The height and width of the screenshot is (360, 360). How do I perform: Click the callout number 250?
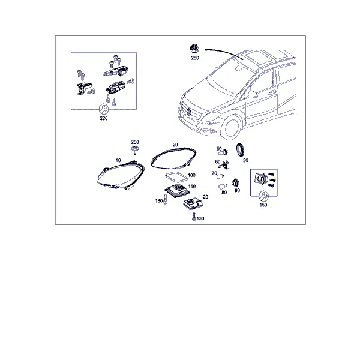(x=195, y=58)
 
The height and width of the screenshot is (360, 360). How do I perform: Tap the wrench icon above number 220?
(x=104, y=109)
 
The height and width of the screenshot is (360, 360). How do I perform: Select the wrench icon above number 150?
(x=263, y=196)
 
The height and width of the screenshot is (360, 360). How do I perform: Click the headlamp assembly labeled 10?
(x=121, y=176)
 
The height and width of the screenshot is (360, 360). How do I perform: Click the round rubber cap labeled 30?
(x=241, y=149)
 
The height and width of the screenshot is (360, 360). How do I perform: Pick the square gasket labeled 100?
(x=176, y=178)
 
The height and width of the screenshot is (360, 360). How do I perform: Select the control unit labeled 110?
(x=177, y=190)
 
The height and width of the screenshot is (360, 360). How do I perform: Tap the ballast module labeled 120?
(x=193, y=203)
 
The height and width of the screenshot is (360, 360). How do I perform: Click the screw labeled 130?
(x=194, y=217)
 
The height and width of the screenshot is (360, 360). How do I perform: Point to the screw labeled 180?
(x=165, y=199)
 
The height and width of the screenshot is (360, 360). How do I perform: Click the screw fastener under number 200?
(x=135, y=150)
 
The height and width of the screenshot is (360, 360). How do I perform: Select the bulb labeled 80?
(x=223, y=186)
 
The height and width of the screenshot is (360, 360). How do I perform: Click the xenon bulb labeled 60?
(x=225, y=164)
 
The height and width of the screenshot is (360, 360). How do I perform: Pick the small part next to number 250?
(x=194, y=49)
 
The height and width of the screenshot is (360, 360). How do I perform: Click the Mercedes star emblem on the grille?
(x=190, y=112)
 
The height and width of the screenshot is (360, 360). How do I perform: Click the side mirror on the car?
(x=253, y=94)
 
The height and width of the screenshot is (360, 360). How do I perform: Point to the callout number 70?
(x=214, y=173)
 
